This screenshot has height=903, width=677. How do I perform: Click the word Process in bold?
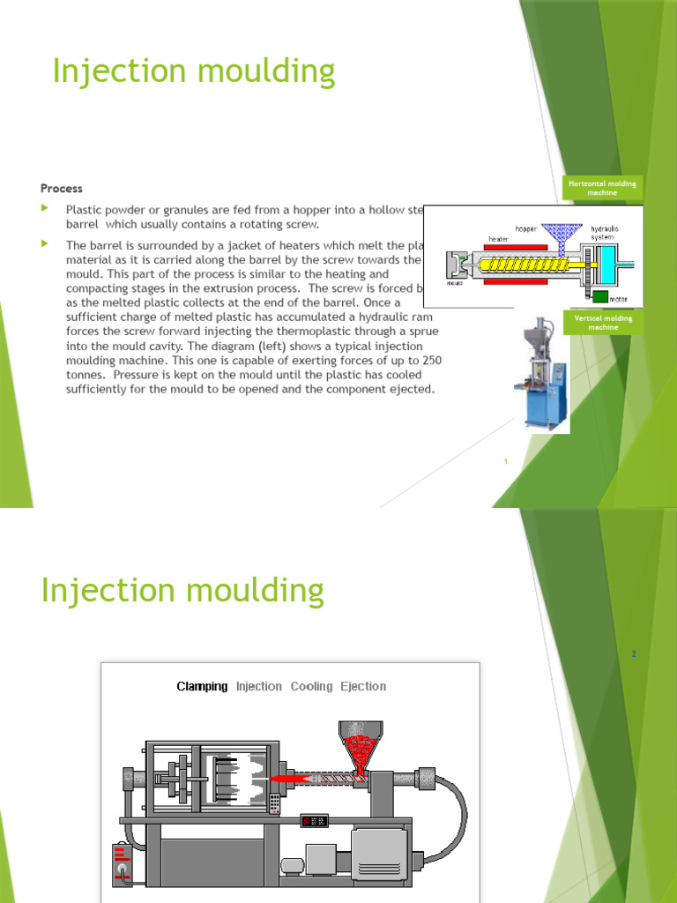click(62, 188)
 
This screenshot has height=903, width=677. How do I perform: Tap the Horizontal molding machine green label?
click(602, 188)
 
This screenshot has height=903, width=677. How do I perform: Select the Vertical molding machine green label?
click(602, 322)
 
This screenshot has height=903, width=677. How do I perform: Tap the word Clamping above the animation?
click(202, 686)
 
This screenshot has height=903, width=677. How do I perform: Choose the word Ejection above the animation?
click(363, 686)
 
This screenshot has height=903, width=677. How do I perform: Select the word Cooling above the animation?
click(311, 686)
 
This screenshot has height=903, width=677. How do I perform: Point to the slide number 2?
click(633, 654)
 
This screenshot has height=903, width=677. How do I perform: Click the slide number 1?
click(506, 462)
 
